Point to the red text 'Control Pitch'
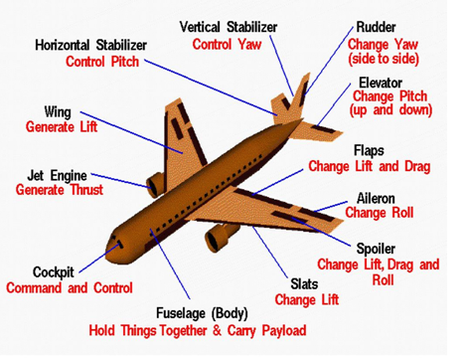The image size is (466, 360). pyautogui.click(x=104, y=62)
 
